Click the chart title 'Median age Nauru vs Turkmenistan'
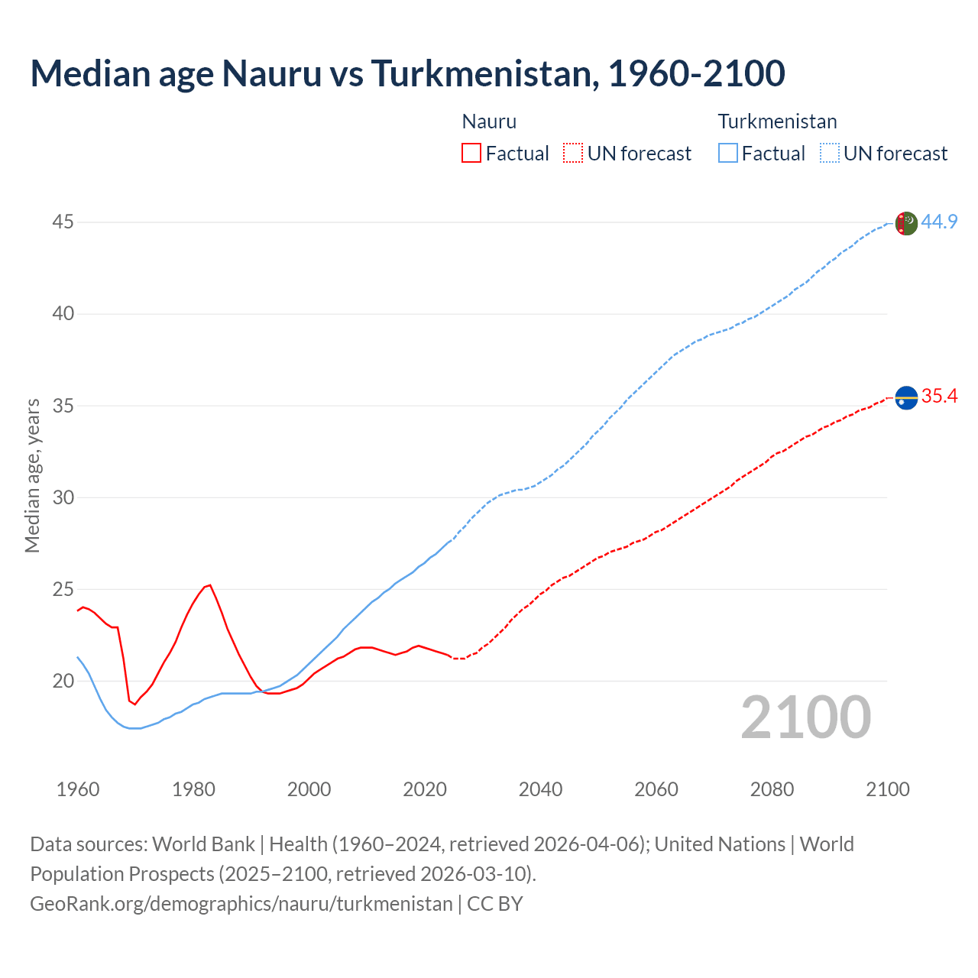point(407,73)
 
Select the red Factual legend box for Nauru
point(471,153)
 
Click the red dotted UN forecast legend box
point(572,153)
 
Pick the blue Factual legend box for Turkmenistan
point(728,153)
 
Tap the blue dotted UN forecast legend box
point(829,153)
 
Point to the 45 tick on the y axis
point(63,222)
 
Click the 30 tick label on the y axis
point(63,497)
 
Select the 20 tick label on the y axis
point(63,681)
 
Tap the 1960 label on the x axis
point(78,789)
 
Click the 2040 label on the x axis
point(540,789)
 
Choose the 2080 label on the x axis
point(772,789)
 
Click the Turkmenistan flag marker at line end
point(905,223)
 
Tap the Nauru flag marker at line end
point(905,397)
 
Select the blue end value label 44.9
point(939,222)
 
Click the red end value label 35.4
point(939,396)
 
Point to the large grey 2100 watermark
point(806,717)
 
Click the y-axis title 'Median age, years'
point(32,475)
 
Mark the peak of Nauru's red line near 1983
point(210,585)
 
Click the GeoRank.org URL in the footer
point(241,903)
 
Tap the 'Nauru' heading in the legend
point(489,121)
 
